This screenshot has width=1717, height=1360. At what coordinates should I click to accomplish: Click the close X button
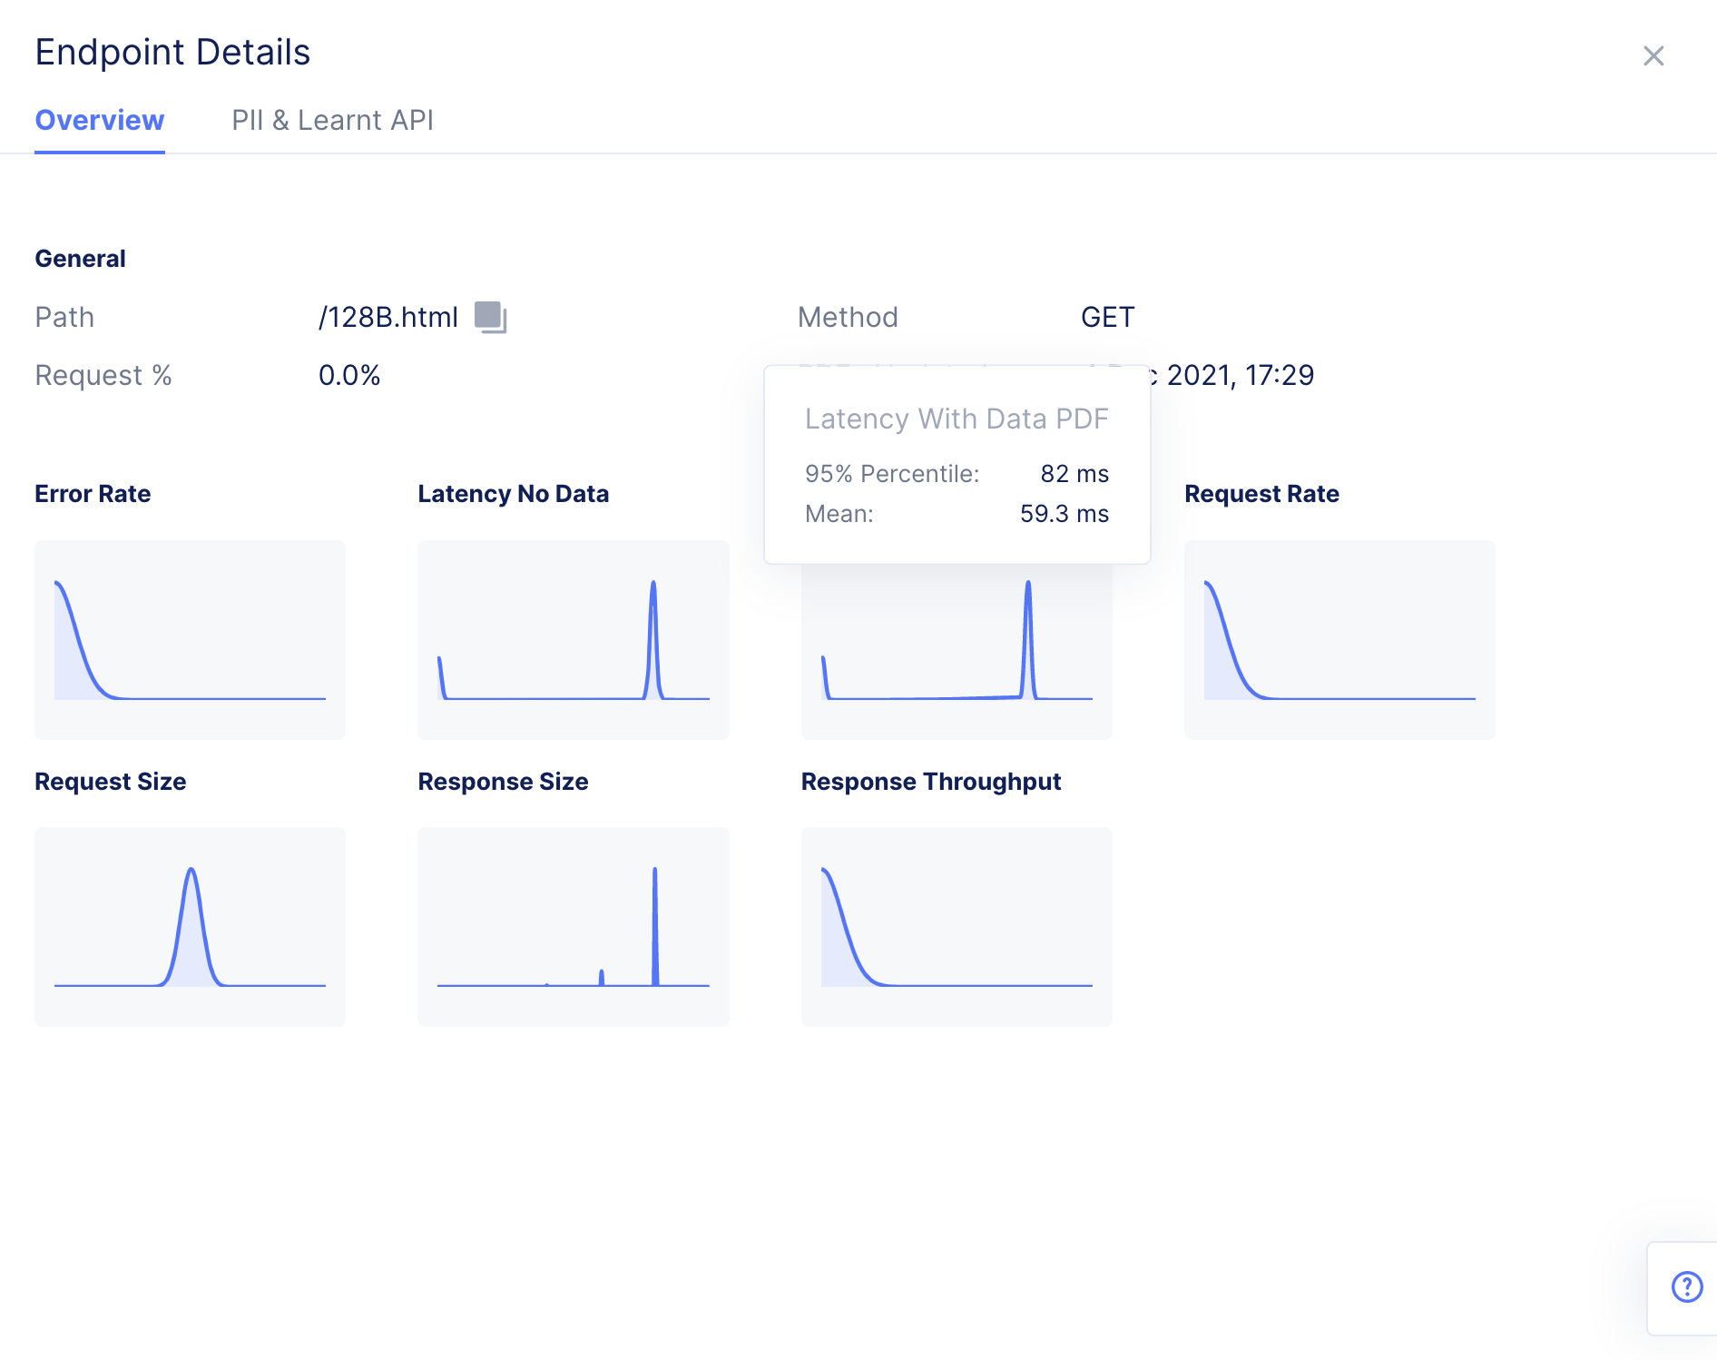tap(1653, 56)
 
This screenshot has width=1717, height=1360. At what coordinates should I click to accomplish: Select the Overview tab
tap(100, 121)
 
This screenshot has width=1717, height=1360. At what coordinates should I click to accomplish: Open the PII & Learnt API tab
tap(332, 121)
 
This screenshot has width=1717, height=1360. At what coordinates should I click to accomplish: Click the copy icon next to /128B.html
tap(490, 317)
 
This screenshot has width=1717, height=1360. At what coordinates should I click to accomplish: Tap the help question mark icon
tap(1687, 1286)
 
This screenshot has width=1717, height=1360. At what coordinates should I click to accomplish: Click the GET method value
tap(1107, 317)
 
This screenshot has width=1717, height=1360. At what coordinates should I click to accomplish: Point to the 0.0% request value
tap(349, 375)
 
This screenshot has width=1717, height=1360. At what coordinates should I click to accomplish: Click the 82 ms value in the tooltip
tap(1074, 474)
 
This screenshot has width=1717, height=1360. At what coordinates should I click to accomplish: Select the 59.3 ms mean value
tap(1064, 514)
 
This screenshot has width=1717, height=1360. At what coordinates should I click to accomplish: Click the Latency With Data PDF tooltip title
tap(957, 419)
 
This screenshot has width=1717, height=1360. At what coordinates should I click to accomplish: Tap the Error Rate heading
tap(93, 494)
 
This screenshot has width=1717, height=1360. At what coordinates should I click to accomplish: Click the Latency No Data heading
tap(513, 494)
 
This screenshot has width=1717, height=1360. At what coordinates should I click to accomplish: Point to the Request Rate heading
tap(1261, 494)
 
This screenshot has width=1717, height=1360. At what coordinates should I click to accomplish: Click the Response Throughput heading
tap(930, 782)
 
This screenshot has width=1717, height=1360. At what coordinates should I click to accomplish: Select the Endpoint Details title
tap(172, 53)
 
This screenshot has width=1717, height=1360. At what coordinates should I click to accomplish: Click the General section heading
tap(80, 259)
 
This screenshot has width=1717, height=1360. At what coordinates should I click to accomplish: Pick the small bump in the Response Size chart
tap(602, 976)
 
